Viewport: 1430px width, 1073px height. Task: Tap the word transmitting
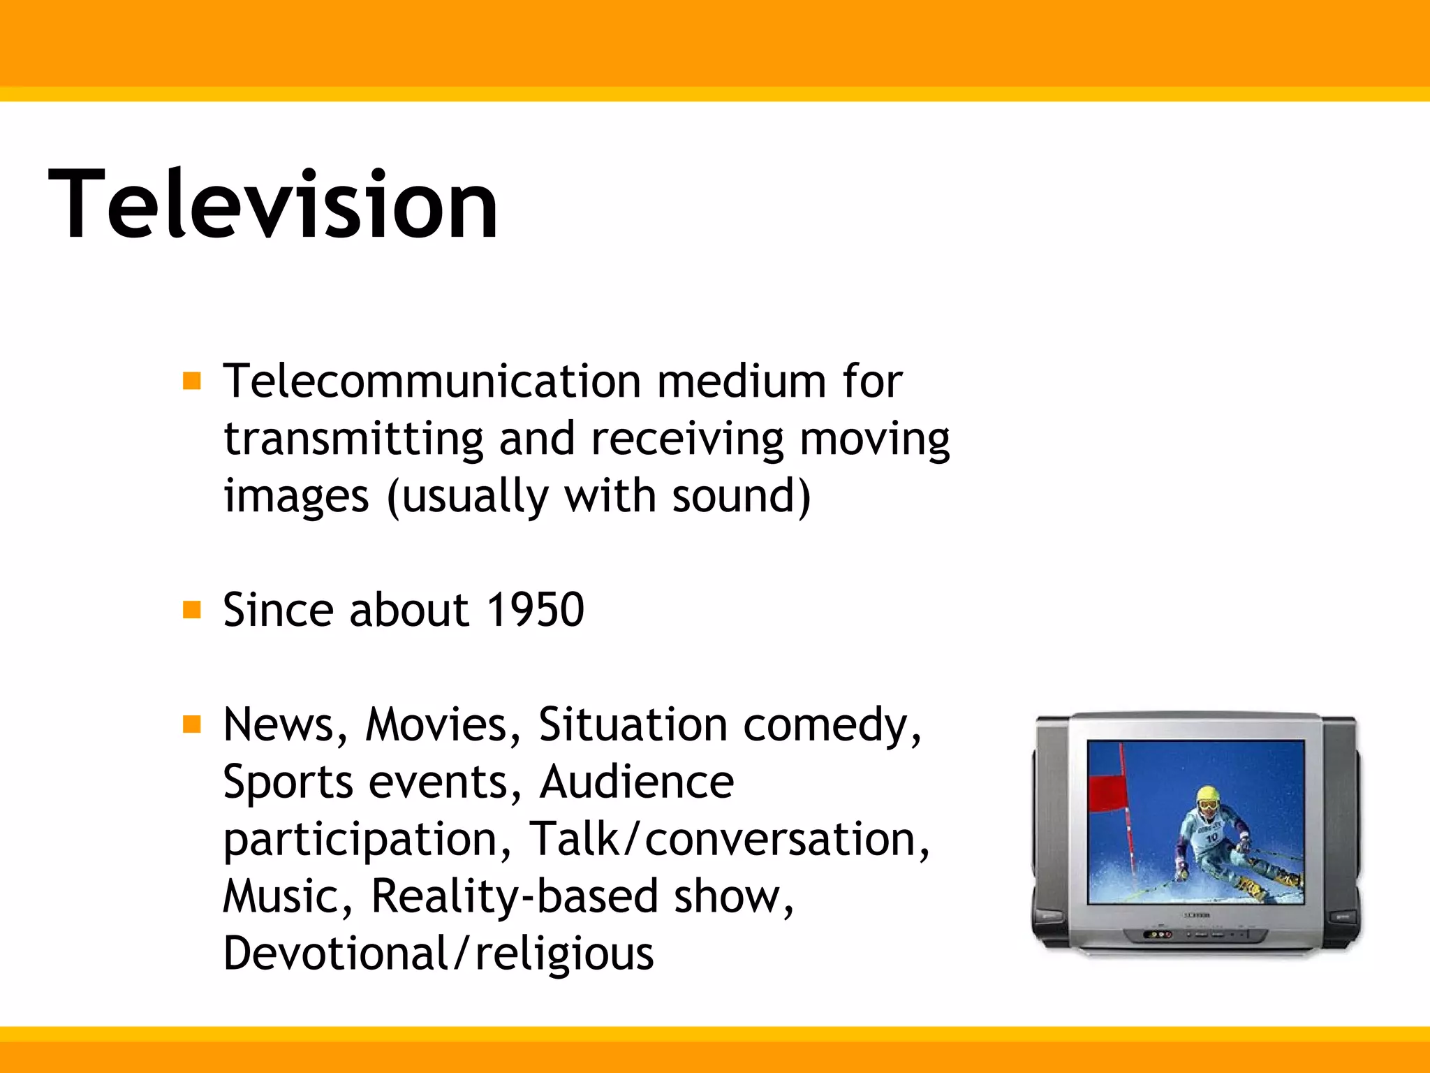353,439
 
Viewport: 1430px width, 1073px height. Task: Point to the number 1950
535,610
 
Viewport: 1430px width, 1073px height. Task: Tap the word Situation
633,724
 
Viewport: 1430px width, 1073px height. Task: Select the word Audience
636,782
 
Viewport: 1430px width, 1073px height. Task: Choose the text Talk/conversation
729,839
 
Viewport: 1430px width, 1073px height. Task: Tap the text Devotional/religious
438,954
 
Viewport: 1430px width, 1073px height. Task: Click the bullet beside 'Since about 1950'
191,610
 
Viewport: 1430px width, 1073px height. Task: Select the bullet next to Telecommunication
191,381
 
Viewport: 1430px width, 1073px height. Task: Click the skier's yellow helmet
1207,795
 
